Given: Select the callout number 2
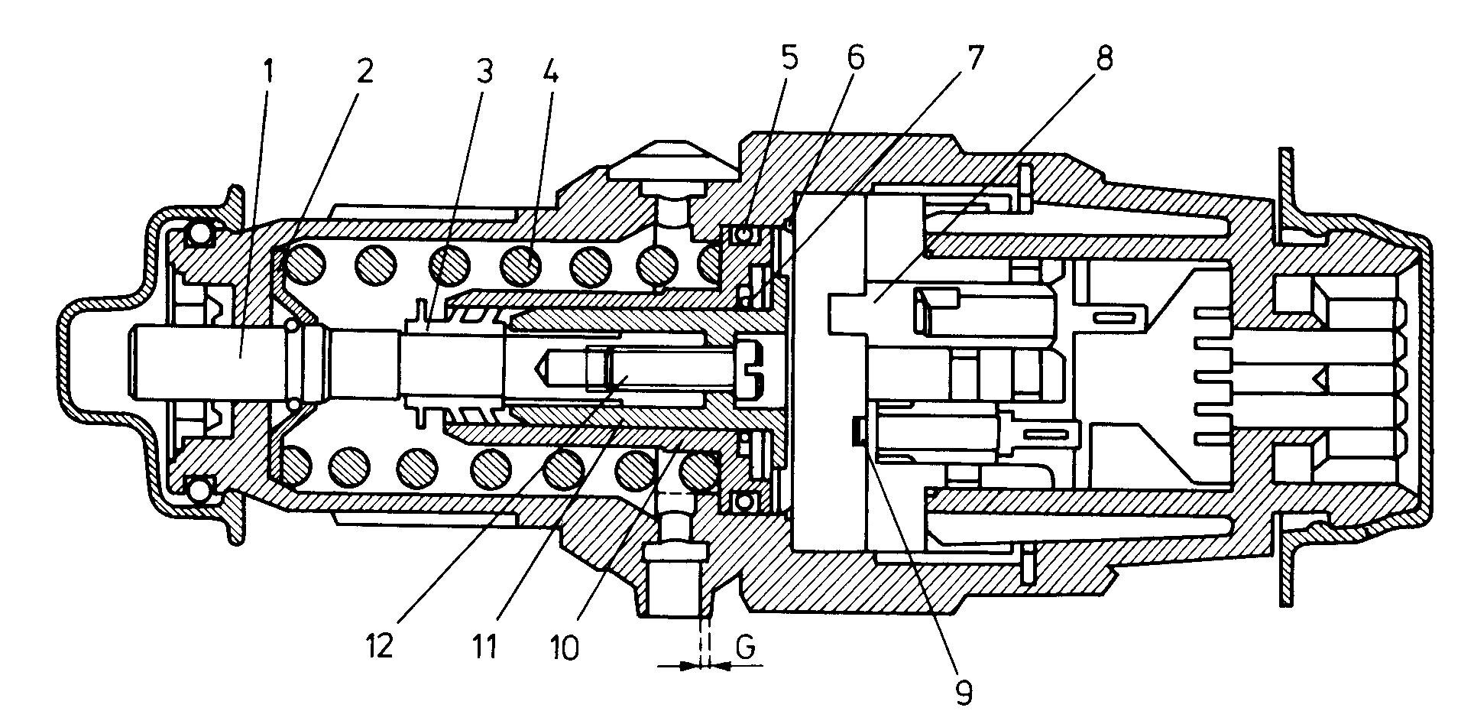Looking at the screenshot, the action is point(364,71).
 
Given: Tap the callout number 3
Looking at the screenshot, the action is point(484,71).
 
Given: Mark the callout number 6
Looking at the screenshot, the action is point(854,57).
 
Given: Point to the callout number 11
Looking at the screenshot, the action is point(484,648).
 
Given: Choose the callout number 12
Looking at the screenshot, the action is point(380,648).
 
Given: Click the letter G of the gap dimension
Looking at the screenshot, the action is point(747,648).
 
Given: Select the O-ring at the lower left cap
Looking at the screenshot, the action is point(200,489).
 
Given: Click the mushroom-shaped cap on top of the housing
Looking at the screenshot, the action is point(673,158).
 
